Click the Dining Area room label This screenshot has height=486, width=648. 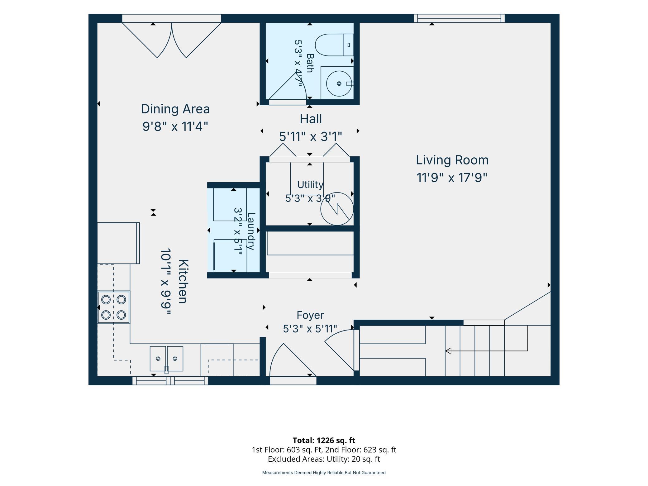click(x=175, y=109)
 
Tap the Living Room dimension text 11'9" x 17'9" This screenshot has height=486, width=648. click(x=452, y=178)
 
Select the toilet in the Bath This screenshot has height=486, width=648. click(x=334, y=45)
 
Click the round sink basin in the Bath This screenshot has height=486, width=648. click(x=339, y=83)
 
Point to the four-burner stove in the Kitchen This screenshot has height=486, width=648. click(x=113, y=307)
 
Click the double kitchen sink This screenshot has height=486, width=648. click(x=166, y=359)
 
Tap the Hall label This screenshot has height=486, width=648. click(x=311, y=119)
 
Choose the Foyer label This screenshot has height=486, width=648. click(x=310, y=315)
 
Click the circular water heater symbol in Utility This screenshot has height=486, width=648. click(x=337, y=209)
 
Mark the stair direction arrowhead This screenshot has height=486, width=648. click(x=448, y=351)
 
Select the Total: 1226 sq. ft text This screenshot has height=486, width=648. click(x=324, y=440)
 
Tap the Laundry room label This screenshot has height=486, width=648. click(x=251, y=231)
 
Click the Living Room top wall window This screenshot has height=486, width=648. click(x=459, y=18)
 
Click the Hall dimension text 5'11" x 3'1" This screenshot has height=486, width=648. click(x=310, y=136)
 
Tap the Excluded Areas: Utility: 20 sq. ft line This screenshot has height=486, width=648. click(x=324, y=459)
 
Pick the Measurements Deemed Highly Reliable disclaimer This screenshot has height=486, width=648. click(x=324, y=473)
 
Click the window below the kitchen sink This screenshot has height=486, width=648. click(x=170, y=380)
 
